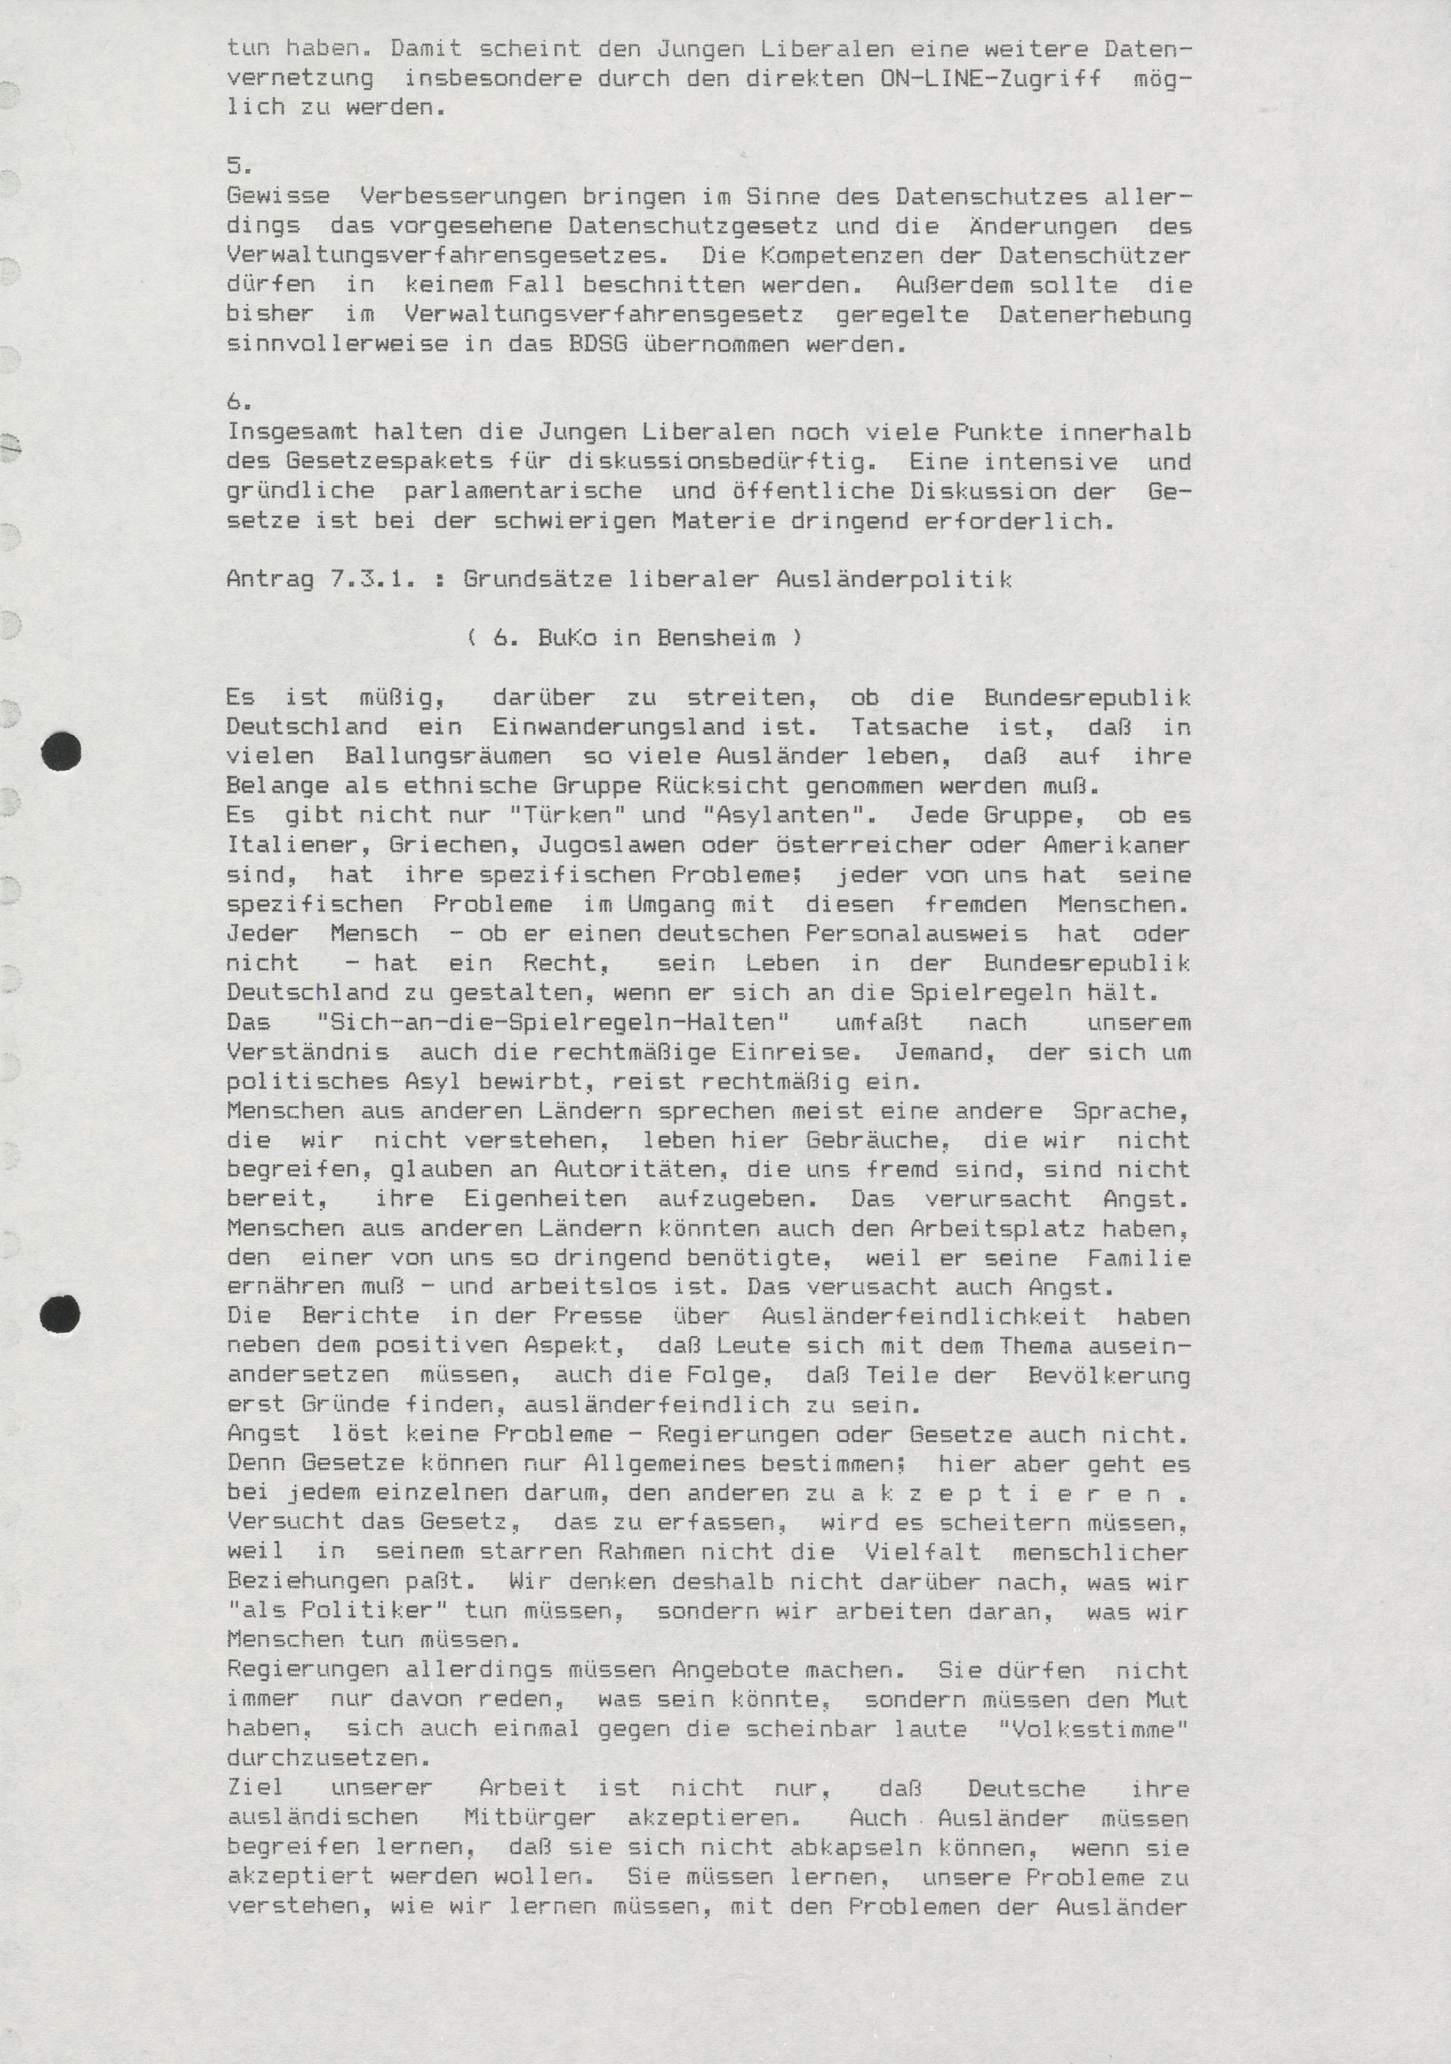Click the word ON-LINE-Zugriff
[x=991, y=78]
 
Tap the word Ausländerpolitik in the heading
[x=894, y=580]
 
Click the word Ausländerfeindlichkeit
[x=923, y=1317]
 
